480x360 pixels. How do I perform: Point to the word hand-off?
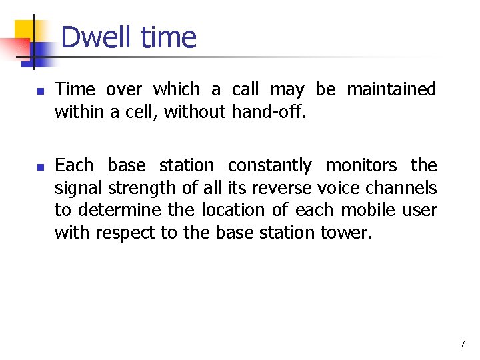268,112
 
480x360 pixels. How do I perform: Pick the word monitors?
361,165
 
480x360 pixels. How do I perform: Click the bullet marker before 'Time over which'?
40,90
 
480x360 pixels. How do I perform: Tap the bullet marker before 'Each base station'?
40,166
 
